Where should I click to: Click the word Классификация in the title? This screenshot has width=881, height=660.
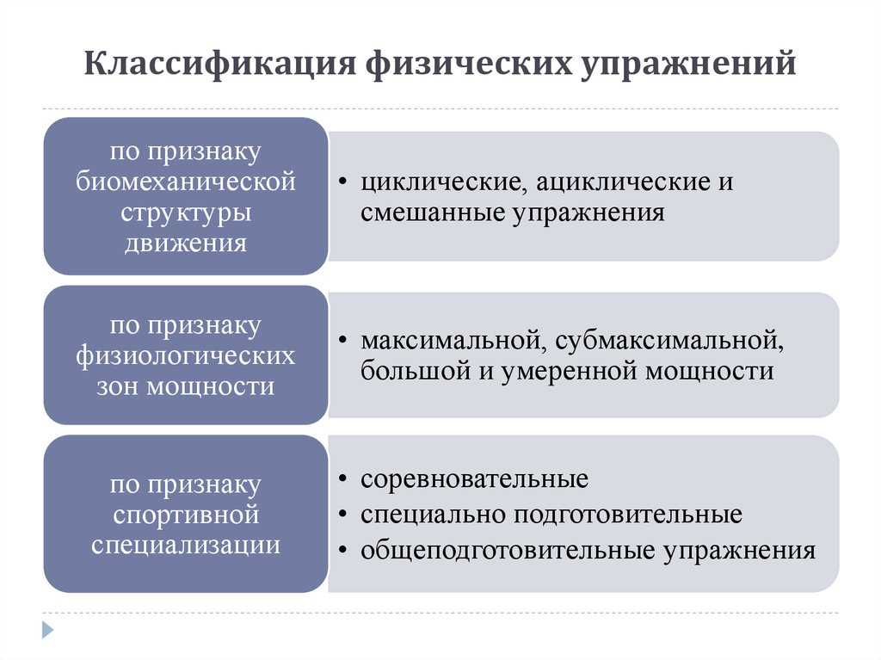click(219, 64)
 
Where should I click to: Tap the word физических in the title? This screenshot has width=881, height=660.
click(467, 64)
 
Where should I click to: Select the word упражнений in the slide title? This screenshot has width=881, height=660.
click(687, 64)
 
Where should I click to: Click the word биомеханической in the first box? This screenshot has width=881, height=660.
click(186, 182)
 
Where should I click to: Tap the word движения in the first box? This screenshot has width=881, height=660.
click(186, 244)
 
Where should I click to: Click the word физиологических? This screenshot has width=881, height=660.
click(186, 355)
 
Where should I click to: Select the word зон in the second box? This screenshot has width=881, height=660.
click(117, 386)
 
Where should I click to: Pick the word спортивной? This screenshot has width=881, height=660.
click(186, 515)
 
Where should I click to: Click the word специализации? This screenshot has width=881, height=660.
click(186, 545)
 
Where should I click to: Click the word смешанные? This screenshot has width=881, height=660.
click(433, 213)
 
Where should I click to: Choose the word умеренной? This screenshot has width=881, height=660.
click(568, 372)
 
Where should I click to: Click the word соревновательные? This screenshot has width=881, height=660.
click(475, 479)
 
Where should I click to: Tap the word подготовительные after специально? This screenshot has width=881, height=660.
click(628, 515)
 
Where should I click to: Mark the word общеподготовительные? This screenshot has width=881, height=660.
click(508, 551)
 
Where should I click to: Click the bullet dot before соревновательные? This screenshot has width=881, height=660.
click(342, 479)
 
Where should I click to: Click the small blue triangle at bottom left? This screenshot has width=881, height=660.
click(48, 630)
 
